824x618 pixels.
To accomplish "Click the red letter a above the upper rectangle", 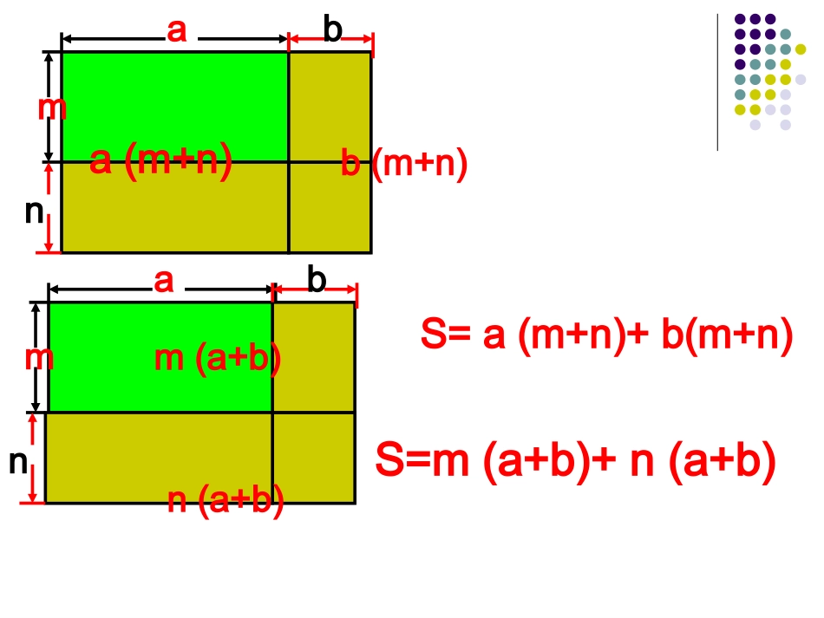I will pos(177,31).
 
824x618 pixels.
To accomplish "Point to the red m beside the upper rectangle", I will pos(52,108).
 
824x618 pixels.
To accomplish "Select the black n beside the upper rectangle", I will pos(34,211).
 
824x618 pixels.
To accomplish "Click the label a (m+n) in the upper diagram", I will pos(161,161).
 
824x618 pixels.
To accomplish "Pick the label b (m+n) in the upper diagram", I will pos(404,163).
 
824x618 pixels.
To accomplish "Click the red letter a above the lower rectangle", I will pos(164,281).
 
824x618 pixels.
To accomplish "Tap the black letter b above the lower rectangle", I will pos(317,281).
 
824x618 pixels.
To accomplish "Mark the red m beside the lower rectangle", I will pos(40,357).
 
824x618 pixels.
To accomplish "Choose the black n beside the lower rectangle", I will pos(18,462).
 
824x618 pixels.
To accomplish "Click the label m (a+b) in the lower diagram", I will pos(218,358).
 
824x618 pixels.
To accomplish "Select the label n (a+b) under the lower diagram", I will pos(226,502).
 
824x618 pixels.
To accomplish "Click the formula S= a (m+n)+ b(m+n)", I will pos(607,336).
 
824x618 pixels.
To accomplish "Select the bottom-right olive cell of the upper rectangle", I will pos(330,208).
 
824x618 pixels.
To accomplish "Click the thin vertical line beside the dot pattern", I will pos(717,82).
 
